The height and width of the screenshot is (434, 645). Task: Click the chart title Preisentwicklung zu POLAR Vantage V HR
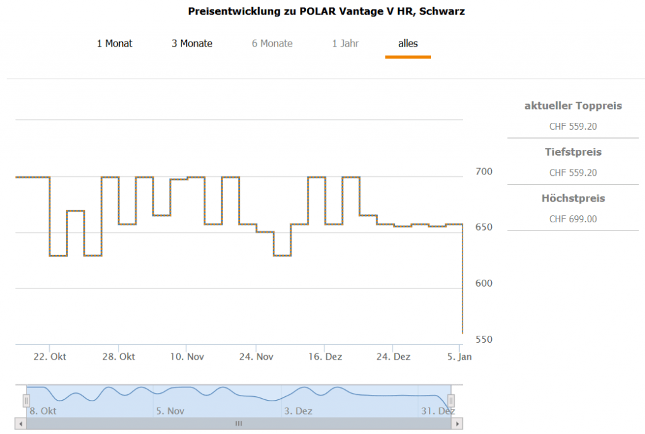(326, 11)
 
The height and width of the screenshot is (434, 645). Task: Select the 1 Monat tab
(115, 43)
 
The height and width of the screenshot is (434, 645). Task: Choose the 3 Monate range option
(192, 43)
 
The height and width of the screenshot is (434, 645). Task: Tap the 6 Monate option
(272, 43)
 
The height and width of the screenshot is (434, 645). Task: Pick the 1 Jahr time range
(346, 43)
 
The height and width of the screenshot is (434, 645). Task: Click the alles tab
(408, 43)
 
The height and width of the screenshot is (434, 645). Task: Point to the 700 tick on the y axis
(484, 171)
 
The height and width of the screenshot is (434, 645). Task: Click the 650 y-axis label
(484, 227)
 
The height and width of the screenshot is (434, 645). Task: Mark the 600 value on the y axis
(484, 283)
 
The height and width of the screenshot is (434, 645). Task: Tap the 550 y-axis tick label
(484, 340)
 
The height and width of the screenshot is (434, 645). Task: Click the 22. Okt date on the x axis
(50, 357)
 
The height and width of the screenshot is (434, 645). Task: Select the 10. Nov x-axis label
(186, 357)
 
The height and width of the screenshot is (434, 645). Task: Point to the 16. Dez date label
(324, 357)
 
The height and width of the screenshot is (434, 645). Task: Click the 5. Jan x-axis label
(459, 357)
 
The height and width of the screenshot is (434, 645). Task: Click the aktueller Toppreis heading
(573, 106)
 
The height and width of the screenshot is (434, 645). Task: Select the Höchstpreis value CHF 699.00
(573, 219)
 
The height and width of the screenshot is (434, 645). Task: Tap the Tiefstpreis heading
(573, 152)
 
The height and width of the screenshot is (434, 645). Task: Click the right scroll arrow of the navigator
(457, 423)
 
